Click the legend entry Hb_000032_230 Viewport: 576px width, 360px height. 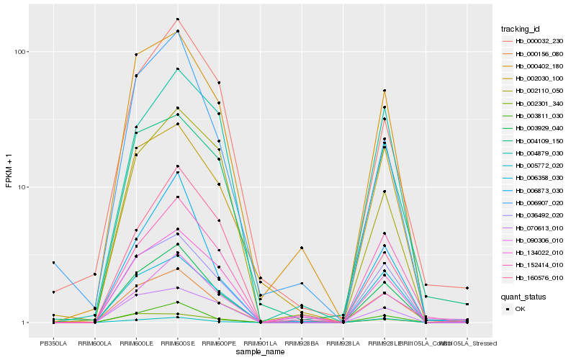pos(539,41)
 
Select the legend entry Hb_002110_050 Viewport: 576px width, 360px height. pos(539,91)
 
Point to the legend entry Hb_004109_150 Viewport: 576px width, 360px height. pos(539,140)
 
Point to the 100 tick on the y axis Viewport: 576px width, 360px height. pos(19,52)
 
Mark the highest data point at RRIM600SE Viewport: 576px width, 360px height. pos(177,19)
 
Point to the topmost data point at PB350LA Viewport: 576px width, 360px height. pos(53,263)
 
